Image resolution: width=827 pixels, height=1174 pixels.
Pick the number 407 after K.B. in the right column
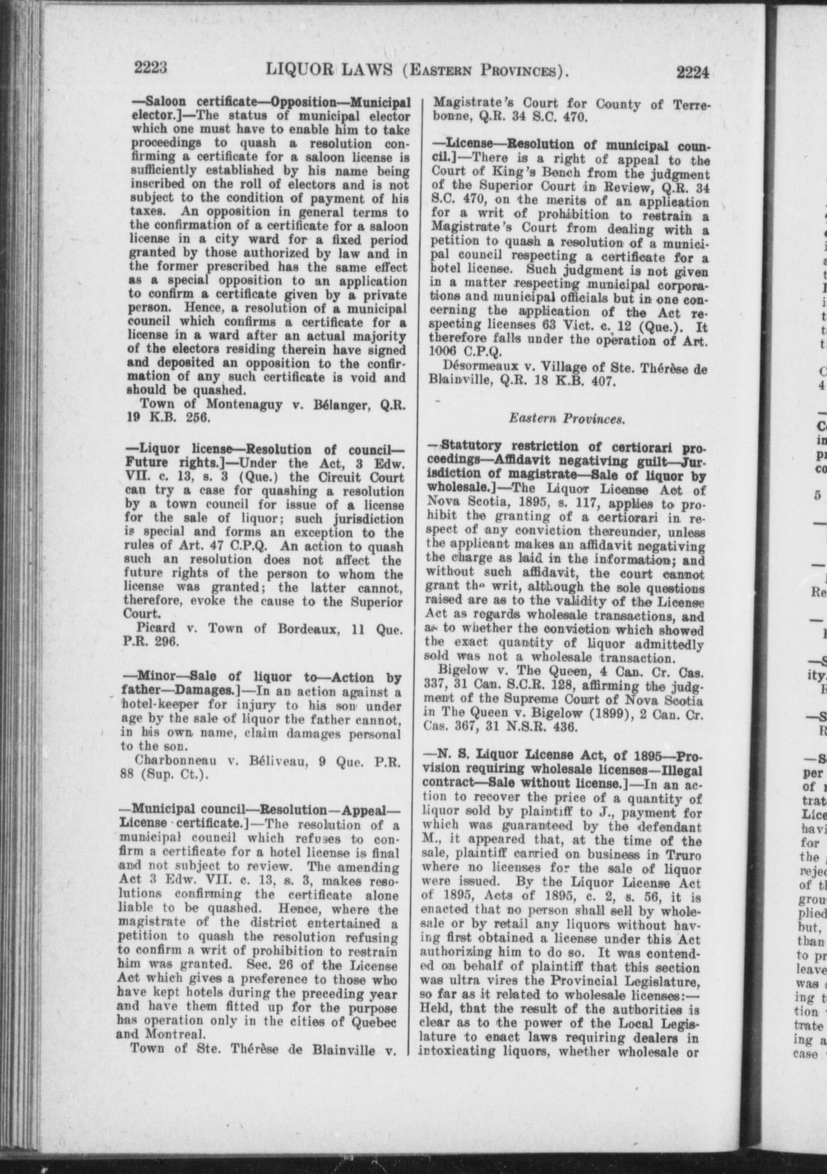(x=602, y=383)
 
